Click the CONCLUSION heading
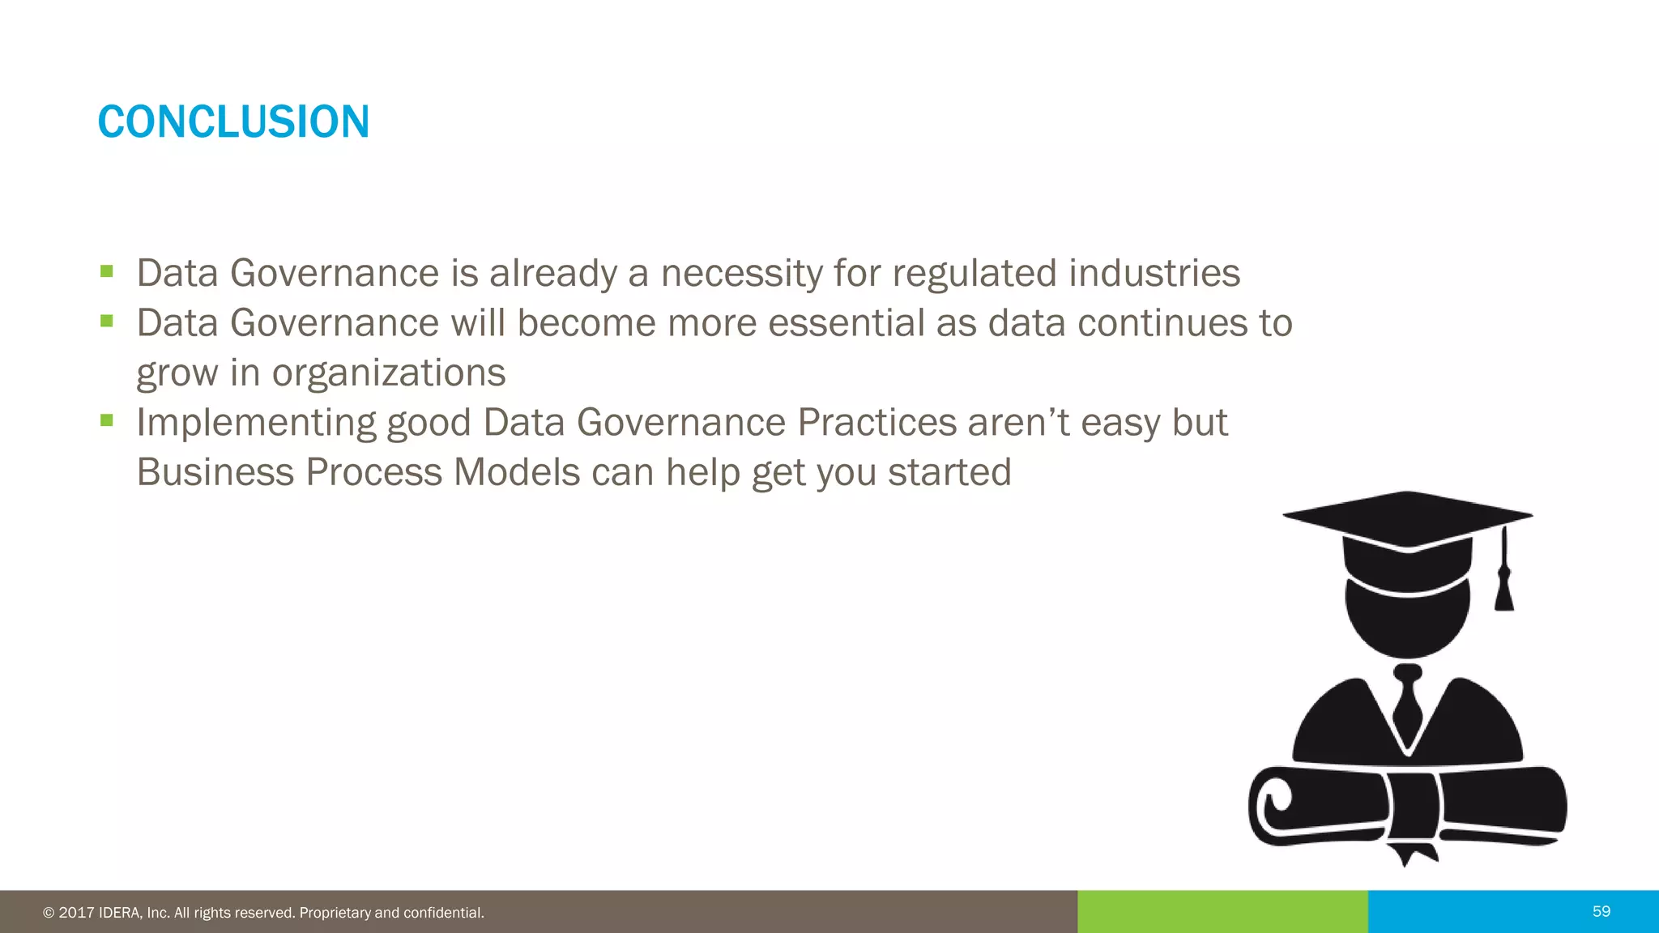(233, 122)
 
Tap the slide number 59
(1601, 912)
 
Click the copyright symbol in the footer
(49, 914)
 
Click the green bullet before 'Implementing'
(107, 420)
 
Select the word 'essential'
(847, 323)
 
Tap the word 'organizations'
(388, 373)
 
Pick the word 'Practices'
(876, 423)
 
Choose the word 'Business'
(215, 472)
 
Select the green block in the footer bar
(1222, 912)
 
